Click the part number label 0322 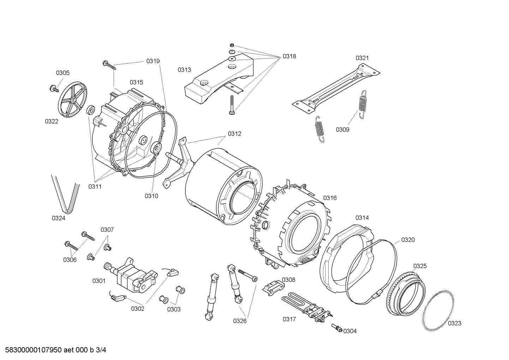click(51, 121)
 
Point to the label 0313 click(184, 70)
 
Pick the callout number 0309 click(342, 130)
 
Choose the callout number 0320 click(408, 240)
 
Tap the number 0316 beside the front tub click(330, 198)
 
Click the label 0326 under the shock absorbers click(240, 321)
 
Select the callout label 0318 click(289, 56)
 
